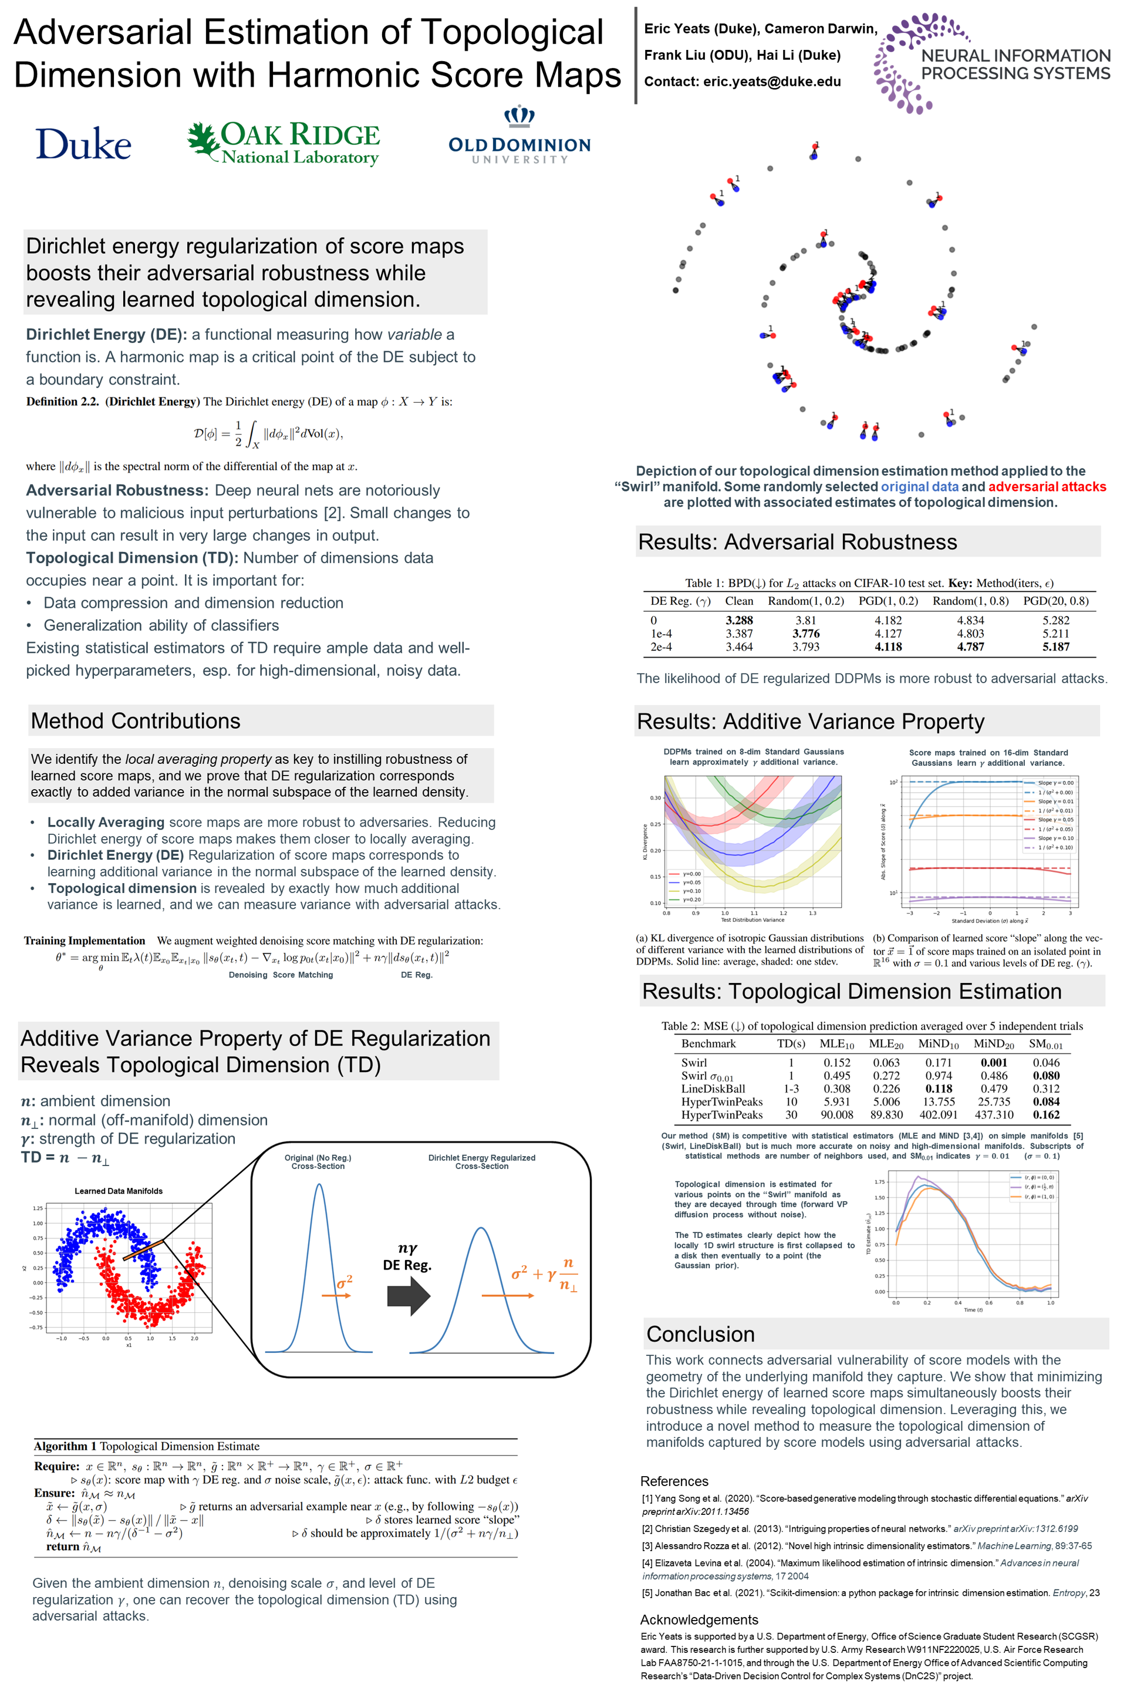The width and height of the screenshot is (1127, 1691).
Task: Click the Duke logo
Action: (x=83, y=144)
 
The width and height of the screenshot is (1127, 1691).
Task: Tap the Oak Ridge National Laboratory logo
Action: (x=284, y=142)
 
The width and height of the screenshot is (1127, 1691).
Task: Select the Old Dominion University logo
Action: (x=519, y=137)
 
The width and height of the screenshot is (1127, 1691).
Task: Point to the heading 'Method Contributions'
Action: (x=136, y=720)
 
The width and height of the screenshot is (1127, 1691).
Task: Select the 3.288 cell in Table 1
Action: (x=739, y=620)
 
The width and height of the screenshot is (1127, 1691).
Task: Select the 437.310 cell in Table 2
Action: (x=993, y=1114)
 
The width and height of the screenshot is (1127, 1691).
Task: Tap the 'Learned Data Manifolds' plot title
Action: (x=119, y=1191)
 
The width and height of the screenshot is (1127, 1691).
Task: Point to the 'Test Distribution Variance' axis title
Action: (x=753, y=919)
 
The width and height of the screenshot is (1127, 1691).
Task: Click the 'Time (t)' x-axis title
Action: (x=973, y=1309)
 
